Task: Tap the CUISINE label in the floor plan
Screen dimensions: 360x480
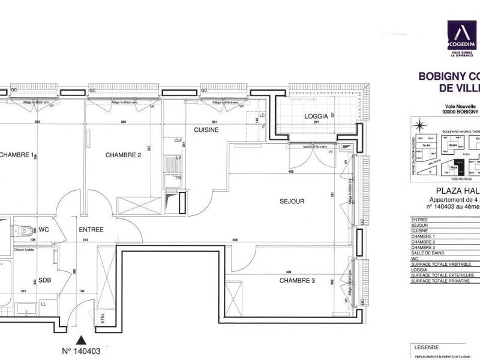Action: coord(206,130)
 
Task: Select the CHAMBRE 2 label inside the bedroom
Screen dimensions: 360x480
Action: coord(123,155)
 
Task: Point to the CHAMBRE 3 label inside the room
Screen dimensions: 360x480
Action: coord(298,280)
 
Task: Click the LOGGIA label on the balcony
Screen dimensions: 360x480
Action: coord(316,117)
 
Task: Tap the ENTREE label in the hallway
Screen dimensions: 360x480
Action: coord(91,229)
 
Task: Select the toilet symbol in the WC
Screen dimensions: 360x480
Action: coord(25,230)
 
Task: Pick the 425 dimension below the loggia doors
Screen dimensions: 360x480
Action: coord(290,172)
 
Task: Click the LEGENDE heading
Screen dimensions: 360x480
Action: coord(427,347)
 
